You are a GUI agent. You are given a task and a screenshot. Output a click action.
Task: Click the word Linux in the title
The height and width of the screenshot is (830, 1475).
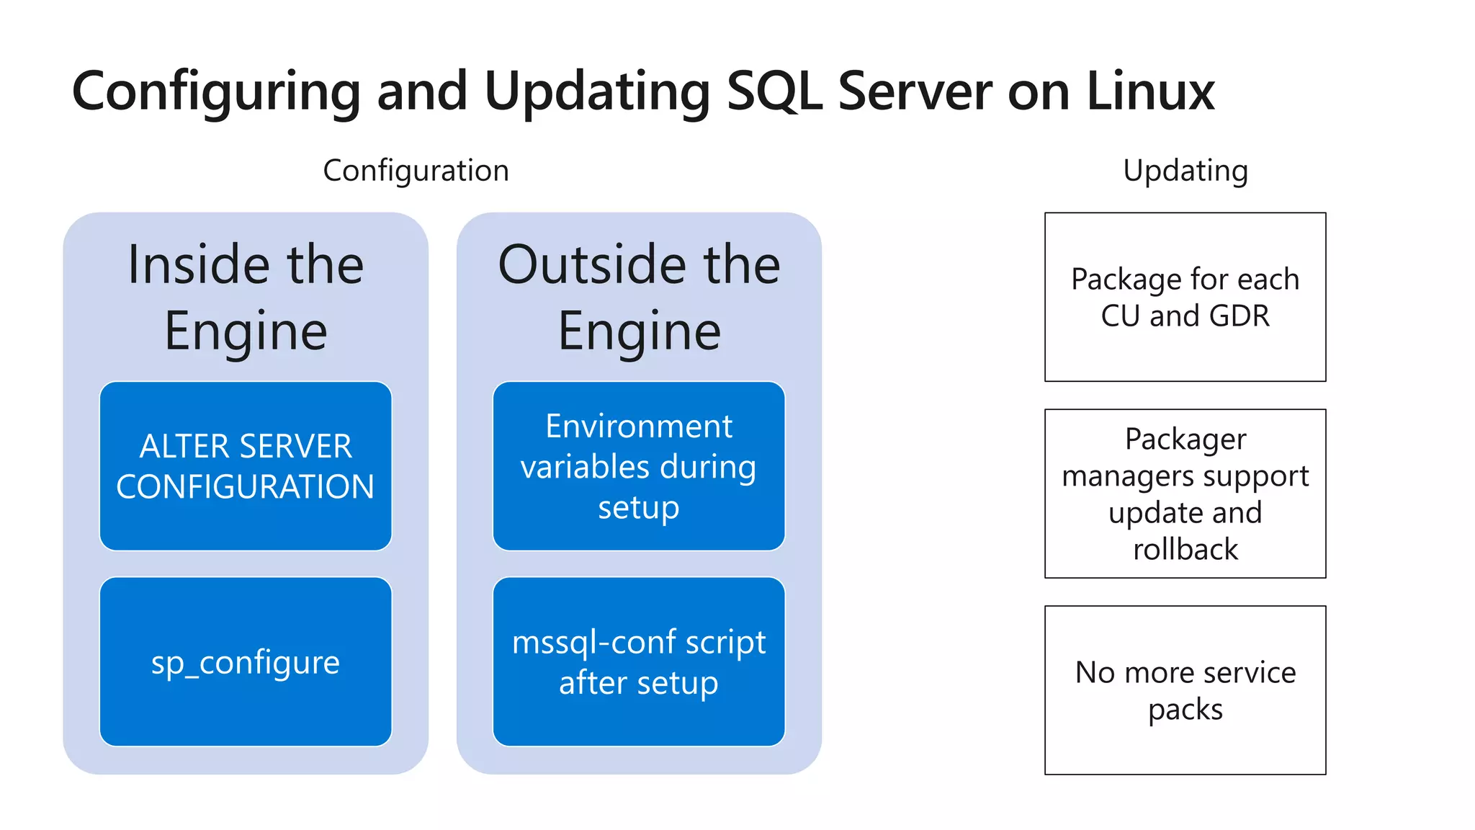[1149, 92]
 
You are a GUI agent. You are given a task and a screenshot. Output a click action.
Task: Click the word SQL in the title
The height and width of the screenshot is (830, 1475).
[774, 92]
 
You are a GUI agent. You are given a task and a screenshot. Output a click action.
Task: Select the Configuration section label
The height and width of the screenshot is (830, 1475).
[416, 171]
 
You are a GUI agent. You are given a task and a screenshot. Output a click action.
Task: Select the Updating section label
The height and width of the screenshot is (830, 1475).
[1185, 171]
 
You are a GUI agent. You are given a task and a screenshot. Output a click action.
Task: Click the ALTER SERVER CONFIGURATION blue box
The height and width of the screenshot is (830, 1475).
[246, 466]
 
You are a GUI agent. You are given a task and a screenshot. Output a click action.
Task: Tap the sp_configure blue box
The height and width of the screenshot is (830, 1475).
[246, 661]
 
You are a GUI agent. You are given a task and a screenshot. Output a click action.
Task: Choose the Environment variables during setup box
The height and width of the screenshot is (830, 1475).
[639, 466]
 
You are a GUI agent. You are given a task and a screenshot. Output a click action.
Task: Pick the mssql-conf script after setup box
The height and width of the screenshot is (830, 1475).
[639, 661]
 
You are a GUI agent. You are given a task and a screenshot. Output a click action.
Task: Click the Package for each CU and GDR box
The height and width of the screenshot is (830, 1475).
[1185, 297]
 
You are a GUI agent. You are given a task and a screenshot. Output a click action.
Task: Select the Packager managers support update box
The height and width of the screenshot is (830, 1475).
[1185, 494]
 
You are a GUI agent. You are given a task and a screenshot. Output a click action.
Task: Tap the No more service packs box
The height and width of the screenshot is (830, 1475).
[1185, 690]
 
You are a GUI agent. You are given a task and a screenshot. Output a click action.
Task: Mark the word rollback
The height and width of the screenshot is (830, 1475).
[1185, 550]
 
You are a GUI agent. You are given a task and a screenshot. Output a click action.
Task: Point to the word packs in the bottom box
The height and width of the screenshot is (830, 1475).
[1185, 710]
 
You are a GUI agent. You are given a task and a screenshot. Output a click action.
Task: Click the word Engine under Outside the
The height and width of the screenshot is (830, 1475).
[639, 331]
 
